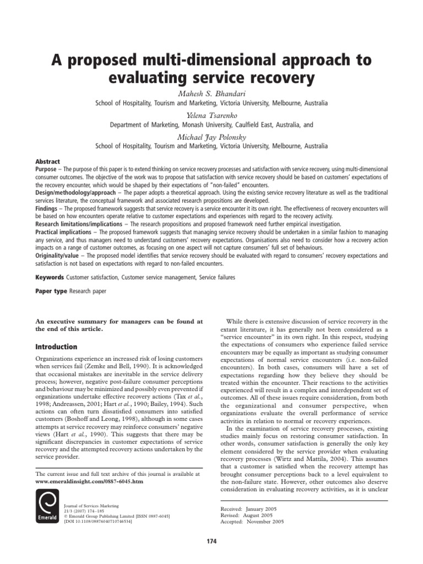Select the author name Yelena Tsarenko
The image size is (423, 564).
tap(211, 114)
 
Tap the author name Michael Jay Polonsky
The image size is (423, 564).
tap(211, 135)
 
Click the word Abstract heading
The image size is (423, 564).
tap(48, 162)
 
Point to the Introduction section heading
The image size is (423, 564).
tap(56, 347)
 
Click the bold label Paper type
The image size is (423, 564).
tap(51, 291)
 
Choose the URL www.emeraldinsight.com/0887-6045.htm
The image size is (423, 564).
tap(89, 481)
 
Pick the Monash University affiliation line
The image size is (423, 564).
tap(211, 125)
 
